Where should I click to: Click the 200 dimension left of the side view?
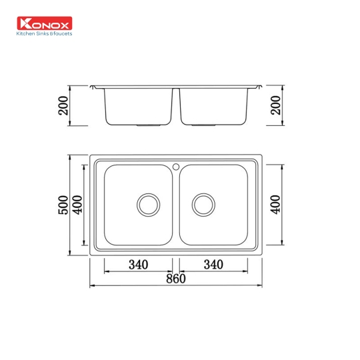click(x=64, y=105)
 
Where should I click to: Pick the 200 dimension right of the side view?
click(x=275, y=105)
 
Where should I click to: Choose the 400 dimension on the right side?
click(x=275, y=204)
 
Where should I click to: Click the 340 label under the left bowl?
click(x=137, y=265)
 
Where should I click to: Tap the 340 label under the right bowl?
click(x=213, y=265)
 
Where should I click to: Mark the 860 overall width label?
click(x=175, y=279)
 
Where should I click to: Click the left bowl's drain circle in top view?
click(x=148, y=204)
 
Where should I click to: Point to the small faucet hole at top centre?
click(x=175, y=165)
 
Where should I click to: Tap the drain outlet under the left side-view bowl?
click(x=148, y=125)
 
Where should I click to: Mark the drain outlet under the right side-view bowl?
click(x=202, y=125)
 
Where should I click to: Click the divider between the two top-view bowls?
click(x=175, y=207)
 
